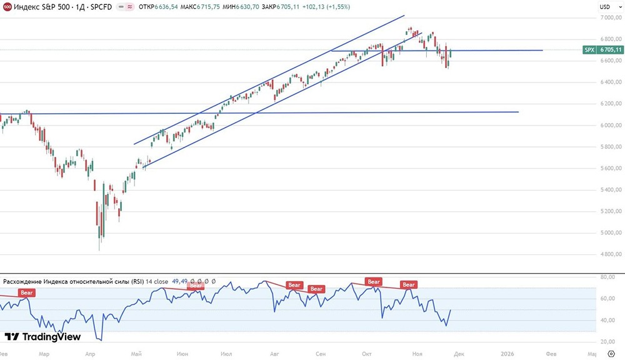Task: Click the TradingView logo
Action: click(x=43, y=337)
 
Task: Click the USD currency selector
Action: click(x=604, y=7)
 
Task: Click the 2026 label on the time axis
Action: click(x=508, y=353)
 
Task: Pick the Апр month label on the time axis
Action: click(x=91, y=353)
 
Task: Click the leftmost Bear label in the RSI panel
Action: click(x=27, y=292)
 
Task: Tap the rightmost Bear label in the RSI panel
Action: click(x=409, y=284)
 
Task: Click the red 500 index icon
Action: click(x=7, y=7)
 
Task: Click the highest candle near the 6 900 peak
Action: click(x=410, y=29)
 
